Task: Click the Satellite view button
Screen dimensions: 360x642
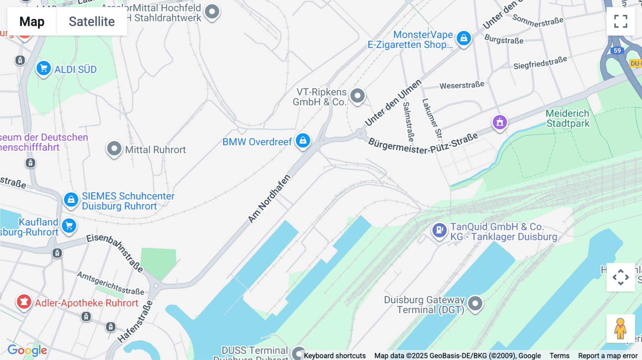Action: [x=92, y=22]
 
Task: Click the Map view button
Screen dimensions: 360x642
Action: [x=32, y=22]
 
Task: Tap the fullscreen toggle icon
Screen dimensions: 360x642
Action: [x=621, y=21]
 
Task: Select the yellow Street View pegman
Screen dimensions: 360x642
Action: [x=620, y=329]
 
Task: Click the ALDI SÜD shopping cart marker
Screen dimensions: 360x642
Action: [x=44, y=68]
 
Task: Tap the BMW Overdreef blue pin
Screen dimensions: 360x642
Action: [x=303, y=140]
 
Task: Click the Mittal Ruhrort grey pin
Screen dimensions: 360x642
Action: [x=114, y=148]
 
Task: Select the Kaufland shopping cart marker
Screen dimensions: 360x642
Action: [x=69, y=226]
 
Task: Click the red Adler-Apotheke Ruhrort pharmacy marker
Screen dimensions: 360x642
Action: [x=24, y=302]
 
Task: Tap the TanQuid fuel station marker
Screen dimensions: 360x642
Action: [x=439, y=230]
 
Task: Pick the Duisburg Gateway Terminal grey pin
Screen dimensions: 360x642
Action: [x=475, y=304]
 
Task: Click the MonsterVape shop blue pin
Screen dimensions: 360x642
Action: [x=464, y=38]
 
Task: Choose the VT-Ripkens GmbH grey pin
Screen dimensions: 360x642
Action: [x=357, y=96]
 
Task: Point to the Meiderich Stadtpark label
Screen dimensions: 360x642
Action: [x=567, y=118]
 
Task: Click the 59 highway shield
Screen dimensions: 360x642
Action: [x=617, y=51]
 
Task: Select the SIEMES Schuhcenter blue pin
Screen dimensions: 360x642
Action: [x=71, y=200]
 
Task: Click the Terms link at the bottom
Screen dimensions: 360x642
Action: [x=559, y=356]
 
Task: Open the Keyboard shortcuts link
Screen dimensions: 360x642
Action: [x=335, y=356]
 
